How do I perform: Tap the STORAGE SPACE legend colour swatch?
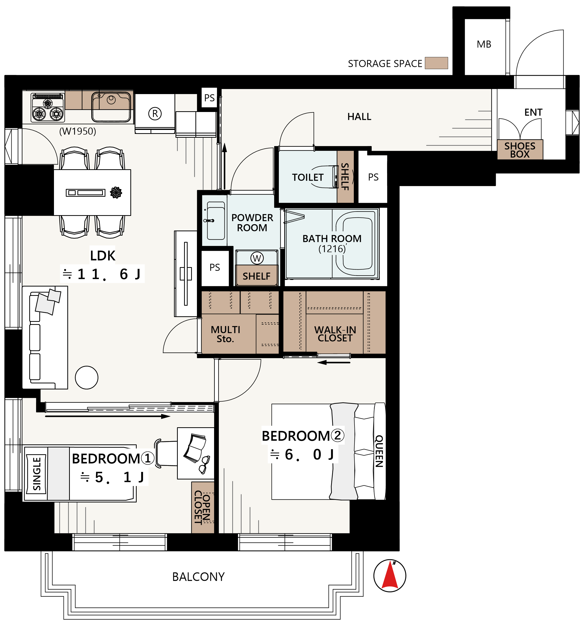click(x=436, y=63)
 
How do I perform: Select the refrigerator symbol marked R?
click(x=155, y=113)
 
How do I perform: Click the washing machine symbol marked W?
click(x=257, y=258)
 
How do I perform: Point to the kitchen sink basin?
click(x=111, y=107)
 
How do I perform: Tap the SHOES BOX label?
click(x=520, y=150)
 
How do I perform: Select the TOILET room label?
click(x=308, y=177)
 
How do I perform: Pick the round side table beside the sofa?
click(x=87, y=378)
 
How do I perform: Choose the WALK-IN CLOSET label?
click(x=335, y=334)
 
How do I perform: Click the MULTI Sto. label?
click(x=225, y=334)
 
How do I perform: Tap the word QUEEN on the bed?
click(x=379, y=451)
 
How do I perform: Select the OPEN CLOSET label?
click(x=202, y=507)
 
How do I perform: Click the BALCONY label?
click(x=198, y=577)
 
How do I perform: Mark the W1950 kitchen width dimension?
click(x=78, y=131)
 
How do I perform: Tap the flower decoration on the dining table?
click(x=116, y=192)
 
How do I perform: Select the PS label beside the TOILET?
click(x=373, y=177)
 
